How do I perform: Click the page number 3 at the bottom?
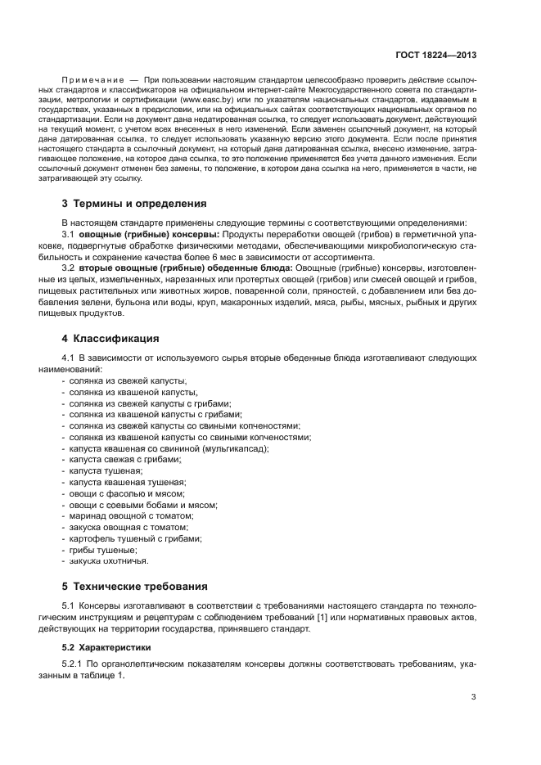click(x=473, y=698)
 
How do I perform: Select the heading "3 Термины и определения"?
click(x=133, y=203)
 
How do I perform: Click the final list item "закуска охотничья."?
click(x=108, y=561)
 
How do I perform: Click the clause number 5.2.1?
click(x=74, y=666)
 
